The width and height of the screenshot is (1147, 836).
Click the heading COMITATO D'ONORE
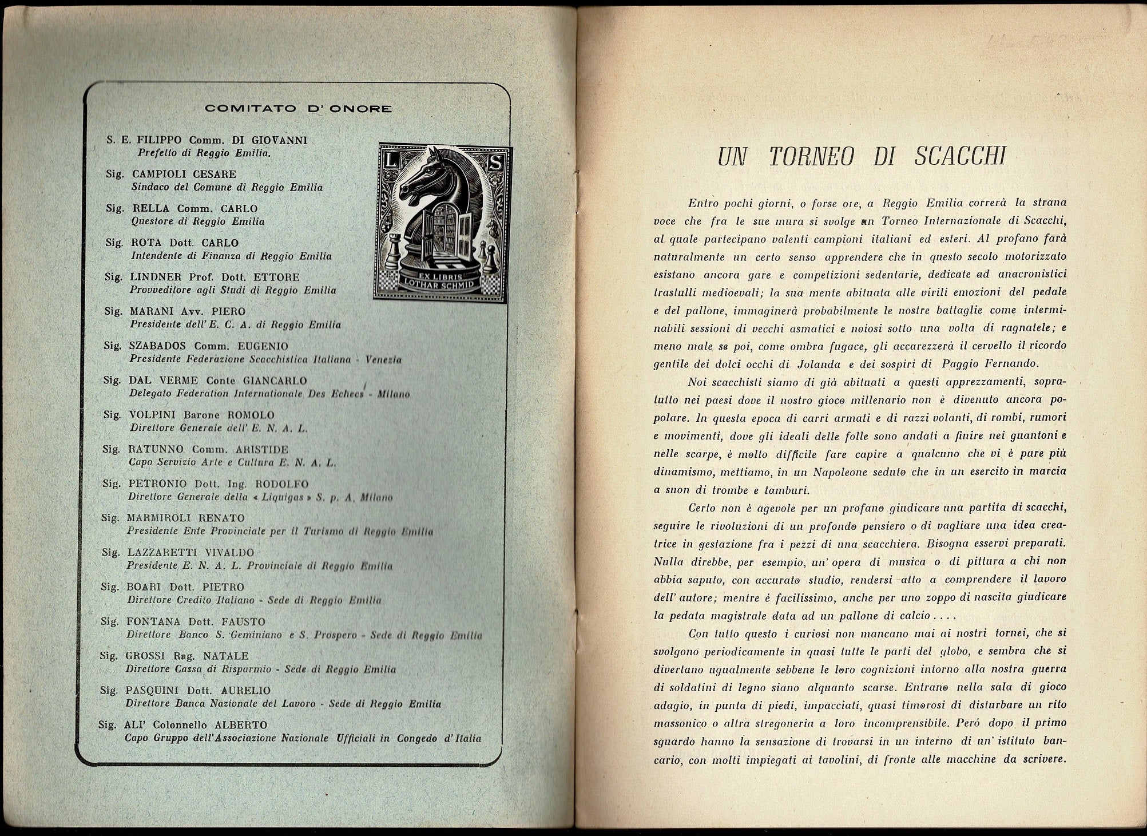[299, 109]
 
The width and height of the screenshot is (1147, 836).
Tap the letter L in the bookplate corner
[392, 161]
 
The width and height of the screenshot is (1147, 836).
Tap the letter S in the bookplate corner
[496, 162]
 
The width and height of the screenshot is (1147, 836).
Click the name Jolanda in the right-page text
[819, 364]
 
